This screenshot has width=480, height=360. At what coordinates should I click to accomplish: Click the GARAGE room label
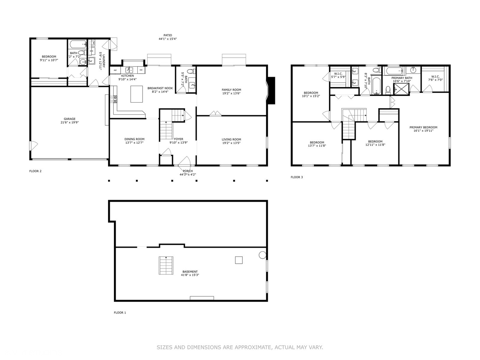(x=70, y=119)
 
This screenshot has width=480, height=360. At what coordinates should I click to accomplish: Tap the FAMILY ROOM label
(x=231, y=90)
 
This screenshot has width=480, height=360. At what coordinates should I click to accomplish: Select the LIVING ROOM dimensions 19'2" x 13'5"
(x=231, y=143)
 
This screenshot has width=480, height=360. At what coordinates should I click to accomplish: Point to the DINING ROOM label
(x=134, y=139)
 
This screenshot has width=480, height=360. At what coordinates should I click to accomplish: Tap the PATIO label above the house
(x=168, y=35)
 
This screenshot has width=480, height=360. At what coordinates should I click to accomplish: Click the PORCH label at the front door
(x=188, y=171)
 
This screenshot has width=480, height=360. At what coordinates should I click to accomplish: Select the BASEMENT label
(x=190, y=272)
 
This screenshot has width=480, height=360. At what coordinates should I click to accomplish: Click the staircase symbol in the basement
(x=166, y=266)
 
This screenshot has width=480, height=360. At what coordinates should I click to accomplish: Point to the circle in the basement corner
(x=262, y=255)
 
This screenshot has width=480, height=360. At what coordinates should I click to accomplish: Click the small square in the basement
(x=239, y=260)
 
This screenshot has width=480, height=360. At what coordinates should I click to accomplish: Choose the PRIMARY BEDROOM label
(x=423, y=127)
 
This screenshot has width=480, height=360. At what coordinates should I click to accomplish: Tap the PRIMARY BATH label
(x=402, y=78)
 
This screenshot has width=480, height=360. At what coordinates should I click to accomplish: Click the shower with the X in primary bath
(x=401, y=89)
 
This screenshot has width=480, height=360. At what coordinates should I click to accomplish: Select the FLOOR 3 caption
(x=297, y=177)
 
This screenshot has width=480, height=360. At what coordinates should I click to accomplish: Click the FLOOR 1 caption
(x=120, y=313)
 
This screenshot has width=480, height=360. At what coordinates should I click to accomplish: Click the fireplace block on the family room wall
(x=271, y=91)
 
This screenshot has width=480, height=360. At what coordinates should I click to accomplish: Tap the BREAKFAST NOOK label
(x=160, y=88)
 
